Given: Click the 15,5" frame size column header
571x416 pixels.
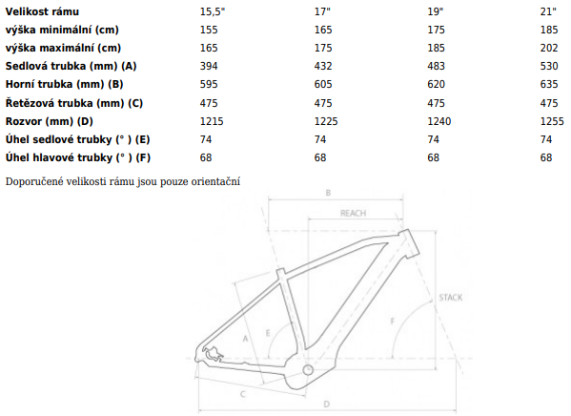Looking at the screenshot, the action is (x=213, y=11).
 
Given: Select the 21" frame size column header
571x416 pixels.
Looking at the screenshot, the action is (x=548, y=11).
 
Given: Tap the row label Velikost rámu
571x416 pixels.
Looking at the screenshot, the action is (x=42, y=11).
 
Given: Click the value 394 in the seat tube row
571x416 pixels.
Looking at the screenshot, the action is (x=209, y=66).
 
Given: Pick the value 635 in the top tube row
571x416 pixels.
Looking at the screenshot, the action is (x=549, y=84).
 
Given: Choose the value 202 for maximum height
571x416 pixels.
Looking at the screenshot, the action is (x=549, y=48).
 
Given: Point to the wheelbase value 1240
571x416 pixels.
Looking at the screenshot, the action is (x=439, y=121).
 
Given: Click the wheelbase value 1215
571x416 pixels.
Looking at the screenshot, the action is (x=212, y=121).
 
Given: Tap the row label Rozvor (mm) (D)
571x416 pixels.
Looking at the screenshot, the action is (x=50, y=121).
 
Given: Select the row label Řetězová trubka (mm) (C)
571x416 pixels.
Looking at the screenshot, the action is (x=74, y=103).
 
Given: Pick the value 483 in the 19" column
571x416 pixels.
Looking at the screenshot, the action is (x=437, y=66).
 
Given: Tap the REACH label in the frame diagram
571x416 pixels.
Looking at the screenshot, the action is (x=353, y=213).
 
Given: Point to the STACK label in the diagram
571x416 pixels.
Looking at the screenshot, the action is (x=451, y=298).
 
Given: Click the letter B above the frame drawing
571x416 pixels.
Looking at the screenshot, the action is (x=328, y=193).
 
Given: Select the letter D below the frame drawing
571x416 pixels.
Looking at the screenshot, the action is (x=327, y=404).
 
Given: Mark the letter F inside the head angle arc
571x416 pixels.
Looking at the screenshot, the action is (x=393, y=322).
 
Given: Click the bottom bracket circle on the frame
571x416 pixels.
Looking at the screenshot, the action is (x=308, y=369).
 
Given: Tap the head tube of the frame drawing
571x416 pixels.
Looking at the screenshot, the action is (x=410, y=243).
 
